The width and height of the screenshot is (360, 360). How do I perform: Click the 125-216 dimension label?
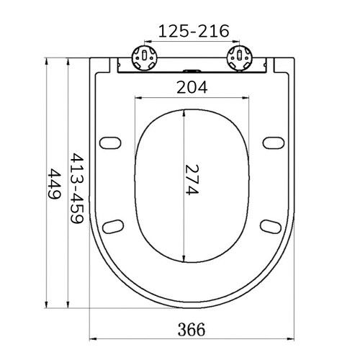pos(194,31)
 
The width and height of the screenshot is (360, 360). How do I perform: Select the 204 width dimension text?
pos(192,87)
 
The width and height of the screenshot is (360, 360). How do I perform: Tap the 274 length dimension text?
pos(192,180)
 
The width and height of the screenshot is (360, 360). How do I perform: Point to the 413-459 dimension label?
pos(76,188)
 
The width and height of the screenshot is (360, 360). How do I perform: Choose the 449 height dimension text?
pos(54,184)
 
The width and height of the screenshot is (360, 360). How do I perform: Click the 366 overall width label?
pos(192,330)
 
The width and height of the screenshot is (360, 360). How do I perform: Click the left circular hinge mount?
pos(145,58)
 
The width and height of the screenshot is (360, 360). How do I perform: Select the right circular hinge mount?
pos(240,58)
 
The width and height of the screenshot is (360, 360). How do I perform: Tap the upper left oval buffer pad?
pos(110,143)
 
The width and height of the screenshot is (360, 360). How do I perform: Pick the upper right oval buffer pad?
pos(274,143)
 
